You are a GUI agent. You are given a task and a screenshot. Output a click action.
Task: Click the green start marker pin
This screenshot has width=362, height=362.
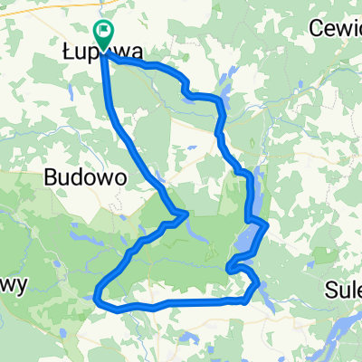point(104,35)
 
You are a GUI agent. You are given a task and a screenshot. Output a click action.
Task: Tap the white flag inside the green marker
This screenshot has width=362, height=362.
point(105,33)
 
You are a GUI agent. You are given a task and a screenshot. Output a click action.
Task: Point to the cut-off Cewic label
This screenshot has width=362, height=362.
point(335,27)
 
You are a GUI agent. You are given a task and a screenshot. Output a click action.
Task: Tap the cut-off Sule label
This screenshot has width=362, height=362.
point(343,291)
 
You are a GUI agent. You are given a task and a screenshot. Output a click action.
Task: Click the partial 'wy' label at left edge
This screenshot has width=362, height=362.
point(14,284)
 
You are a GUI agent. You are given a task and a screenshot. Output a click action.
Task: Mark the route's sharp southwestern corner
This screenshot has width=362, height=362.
point(98,294)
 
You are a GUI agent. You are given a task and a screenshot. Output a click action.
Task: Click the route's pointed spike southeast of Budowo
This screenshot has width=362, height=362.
point(186,214)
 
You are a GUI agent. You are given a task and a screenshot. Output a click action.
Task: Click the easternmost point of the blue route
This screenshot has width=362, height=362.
point(267,225)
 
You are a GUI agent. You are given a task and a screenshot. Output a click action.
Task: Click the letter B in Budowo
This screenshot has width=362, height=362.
point(50,178)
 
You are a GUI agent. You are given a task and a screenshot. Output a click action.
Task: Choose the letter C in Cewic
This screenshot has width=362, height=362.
point(316,27)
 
